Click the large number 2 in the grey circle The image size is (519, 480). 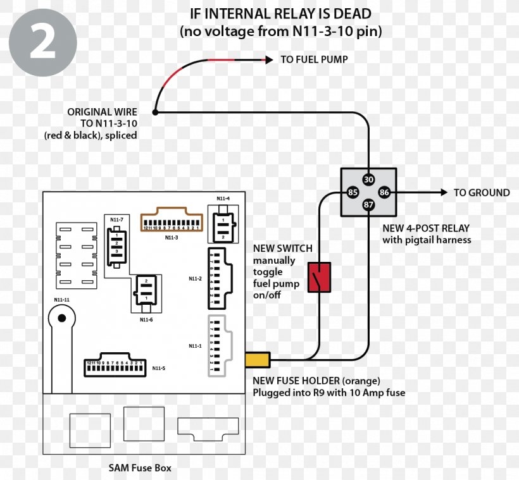tap(42, 42)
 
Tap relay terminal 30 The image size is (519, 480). tap(368, 179)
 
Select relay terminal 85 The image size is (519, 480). tap(353, 192)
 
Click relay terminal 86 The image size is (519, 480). tap(384, 192)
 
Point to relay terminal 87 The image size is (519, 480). tap(368, 205)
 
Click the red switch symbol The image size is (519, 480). tap(320, 277)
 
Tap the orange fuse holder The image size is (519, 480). tap(258, 360)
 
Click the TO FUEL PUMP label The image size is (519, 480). tap(314, 59)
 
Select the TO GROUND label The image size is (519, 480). tap(481, 192)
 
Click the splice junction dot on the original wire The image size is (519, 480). tap(155, 113)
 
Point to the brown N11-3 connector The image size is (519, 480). tap(171, 221)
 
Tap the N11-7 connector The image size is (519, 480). tap(116, 243)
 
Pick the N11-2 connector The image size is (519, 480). tap(218, 276)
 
